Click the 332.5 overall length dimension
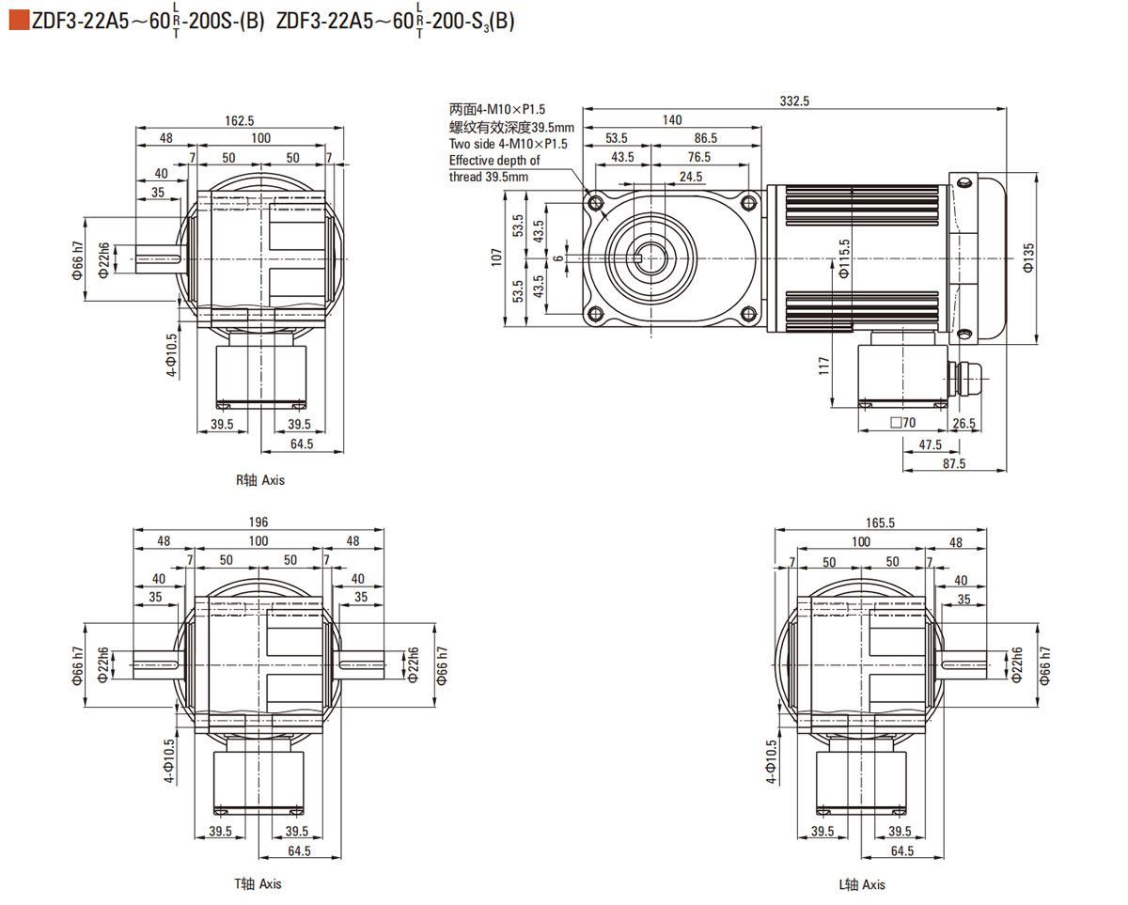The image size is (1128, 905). [794, 101]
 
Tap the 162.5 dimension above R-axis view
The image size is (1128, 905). [240, 120]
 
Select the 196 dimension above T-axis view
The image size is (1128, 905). [258, 523]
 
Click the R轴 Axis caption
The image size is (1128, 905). [259, 480]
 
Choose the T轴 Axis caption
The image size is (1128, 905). [258, 883]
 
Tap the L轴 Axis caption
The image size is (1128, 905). [862, 884]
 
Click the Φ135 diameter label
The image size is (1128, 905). [1029, 257]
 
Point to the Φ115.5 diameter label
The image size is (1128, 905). [844, 257]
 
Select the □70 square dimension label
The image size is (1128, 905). [902, 423]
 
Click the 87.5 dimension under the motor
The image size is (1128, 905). [953, 463]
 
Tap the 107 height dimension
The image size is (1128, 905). [496, 257]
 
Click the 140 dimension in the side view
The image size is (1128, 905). [672, 119]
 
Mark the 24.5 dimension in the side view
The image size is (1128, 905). [691, 177]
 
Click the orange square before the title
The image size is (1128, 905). [19, 21]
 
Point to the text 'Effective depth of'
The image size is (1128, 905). [494, 161]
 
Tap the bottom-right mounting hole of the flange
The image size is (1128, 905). [748, 314]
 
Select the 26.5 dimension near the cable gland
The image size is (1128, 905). [963, 423]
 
